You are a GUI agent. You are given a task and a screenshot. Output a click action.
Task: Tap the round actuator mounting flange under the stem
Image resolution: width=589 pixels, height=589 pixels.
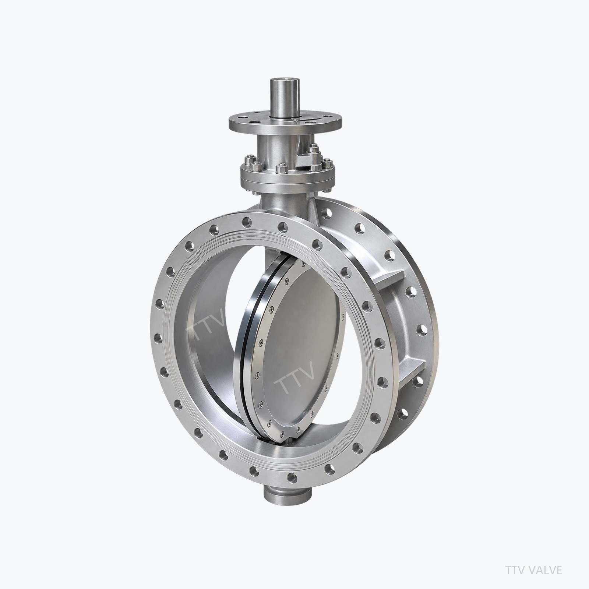(x=285, y=121)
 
